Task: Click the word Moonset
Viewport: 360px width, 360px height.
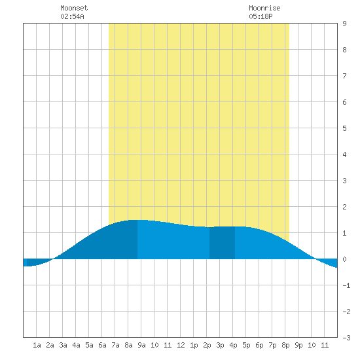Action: click(74, 8)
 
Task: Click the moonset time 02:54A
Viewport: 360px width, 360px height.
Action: click(72, 16)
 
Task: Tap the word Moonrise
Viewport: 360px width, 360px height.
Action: click(264, 8)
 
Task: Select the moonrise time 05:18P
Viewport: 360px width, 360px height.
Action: click(261, 16)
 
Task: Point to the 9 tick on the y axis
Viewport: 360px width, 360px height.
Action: click(344, 24)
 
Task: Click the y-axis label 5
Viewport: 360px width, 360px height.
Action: click(344, 128)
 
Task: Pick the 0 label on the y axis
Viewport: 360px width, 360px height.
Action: click(344, 259)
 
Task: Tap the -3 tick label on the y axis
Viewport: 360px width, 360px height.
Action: click(346, 338)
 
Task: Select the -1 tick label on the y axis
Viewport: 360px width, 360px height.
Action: click(346, 285)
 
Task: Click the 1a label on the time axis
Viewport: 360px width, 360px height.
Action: click(37, 345)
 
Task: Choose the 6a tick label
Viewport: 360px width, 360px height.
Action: click(102, 345)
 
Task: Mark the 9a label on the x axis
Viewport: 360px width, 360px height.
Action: click(141, 345)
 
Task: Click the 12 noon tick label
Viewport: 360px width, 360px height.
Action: click(181, 345)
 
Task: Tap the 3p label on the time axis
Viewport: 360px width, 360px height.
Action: click(220, 345)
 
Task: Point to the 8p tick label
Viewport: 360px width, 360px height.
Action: click(285, 345)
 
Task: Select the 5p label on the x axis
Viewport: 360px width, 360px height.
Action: click(246, 345)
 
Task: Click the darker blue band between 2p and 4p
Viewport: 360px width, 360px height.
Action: click(222, 243)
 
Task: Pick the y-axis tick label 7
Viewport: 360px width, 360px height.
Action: click(344, 76)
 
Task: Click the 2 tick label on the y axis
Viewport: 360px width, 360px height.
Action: click(344, 207)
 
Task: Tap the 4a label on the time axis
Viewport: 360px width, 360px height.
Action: click(76, 345)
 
